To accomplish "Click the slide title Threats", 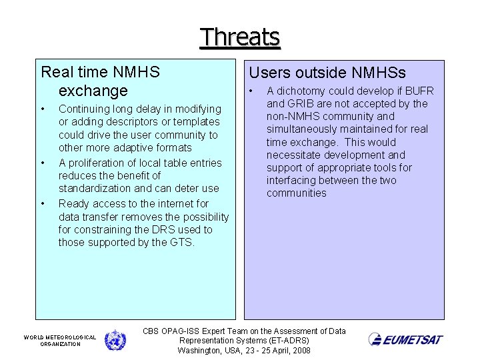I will (240, 37).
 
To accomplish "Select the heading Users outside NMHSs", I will (327, 73).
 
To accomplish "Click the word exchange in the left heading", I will (93, 90).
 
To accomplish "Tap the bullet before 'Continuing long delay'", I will (42, 109).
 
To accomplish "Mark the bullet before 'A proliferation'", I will (42, 163).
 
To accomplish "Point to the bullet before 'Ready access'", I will (42, 203).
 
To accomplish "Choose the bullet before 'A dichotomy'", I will (251, 91).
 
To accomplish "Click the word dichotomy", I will (299, 91).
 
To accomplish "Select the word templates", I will (197, 122).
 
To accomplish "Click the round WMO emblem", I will (115, 340).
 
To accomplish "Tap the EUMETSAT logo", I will (405, 340).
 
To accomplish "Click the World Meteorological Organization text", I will (60, 341).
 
